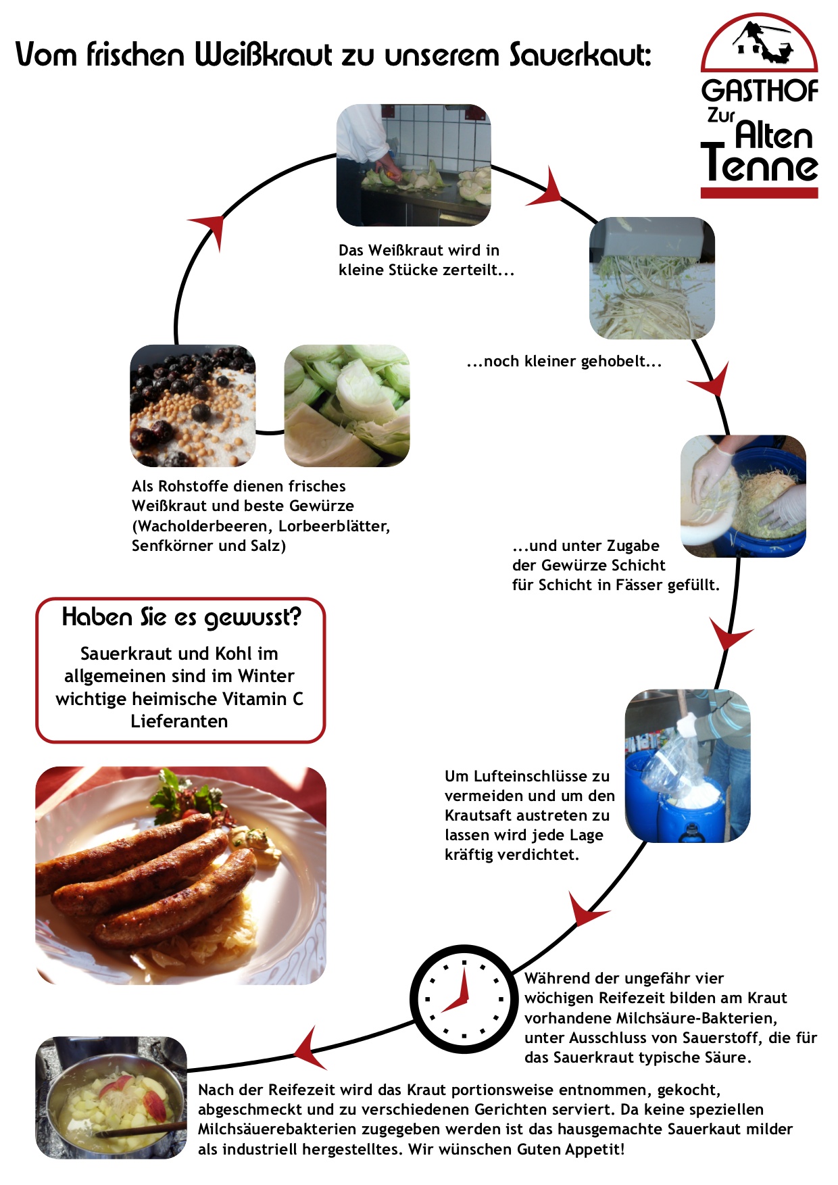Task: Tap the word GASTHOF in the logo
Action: coord(760,91)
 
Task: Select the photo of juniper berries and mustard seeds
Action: coord(193,406)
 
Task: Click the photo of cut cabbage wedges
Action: coord(347,406)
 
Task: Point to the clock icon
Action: coord(464,998)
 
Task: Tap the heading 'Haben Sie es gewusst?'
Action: coord(181,618)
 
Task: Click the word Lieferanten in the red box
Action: coord(179,721)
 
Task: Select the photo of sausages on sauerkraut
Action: coord(180,875)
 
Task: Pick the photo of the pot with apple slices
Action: coord(111,1098)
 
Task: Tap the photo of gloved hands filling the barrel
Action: coord(743,496)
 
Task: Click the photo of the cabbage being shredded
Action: coord(652,278)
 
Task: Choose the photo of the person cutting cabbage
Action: coord(414,165)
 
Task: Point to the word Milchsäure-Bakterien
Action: coord(696,1018)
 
